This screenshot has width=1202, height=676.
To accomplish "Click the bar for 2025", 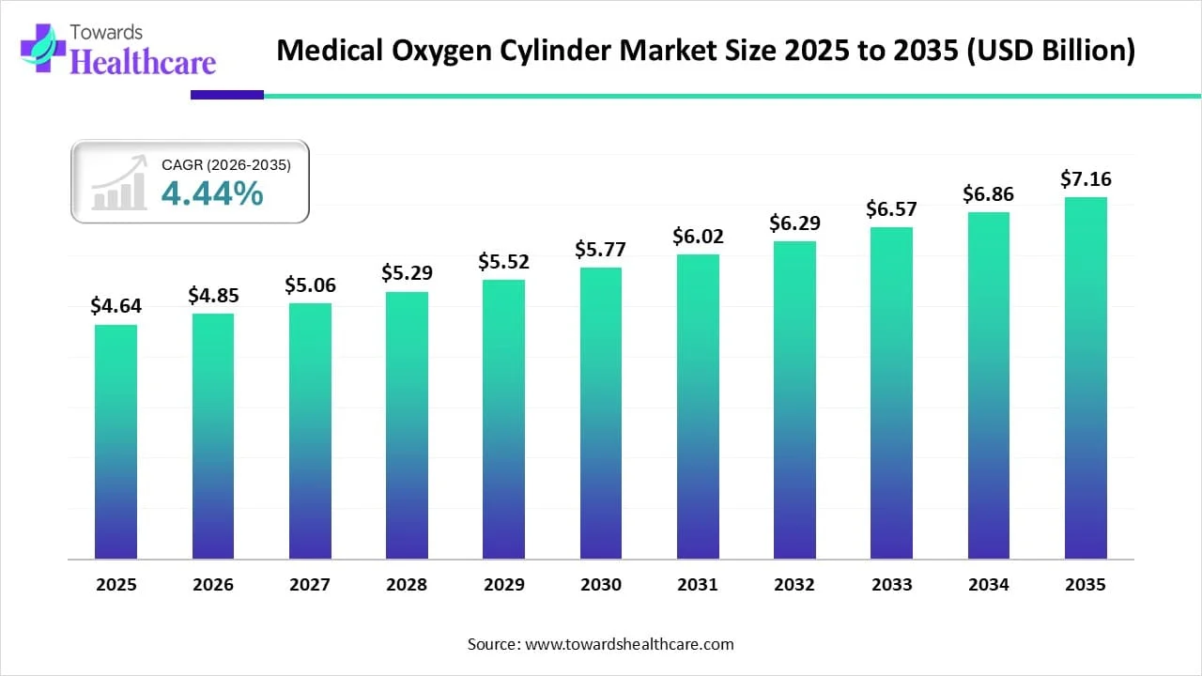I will pos(116,441).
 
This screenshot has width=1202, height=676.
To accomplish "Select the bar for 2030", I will pos(601,413).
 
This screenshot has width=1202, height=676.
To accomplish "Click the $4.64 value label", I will pos(116,305).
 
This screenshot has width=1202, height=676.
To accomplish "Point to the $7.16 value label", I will pos(1086,177).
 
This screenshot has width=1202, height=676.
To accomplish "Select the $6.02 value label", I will pos(698,236).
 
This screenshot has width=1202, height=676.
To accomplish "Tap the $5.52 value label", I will pos(503,261).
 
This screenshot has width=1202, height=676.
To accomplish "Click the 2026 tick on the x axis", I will pos(213,584).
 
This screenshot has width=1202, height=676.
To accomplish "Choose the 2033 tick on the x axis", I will pos(891,584).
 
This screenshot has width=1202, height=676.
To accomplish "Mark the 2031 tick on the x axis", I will pos(698,584).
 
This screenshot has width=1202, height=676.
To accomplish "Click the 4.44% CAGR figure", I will pos(212,193).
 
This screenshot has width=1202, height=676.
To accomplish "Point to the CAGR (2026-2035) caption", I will pos(226,165).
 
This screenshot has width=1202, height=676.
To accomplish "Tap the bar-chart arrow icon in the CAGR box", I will pos(119,183).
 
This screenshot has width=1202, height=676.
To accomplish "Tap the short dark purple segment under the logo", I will pos(227,95).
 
